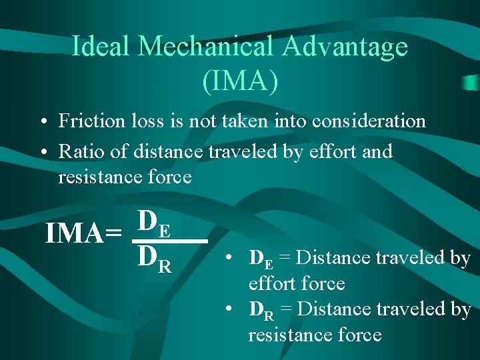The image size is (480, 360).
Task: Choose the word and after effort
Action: point(377,151)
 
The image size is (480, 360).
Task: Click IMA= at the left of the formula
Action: point(83,234)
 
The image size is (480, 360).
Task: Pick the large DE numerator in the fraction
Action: point(155,221)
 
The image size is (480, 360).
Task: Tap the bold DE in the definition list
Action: point(260,259)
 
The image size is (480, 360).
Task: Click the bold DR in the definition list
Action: point(260,310)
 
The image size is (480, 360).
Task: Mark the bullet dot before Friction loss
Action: point(42,122)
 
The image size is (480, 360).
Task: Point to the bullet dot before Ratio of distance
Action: point(42,152)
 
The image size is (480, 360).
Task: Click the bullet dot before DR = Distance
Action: point(229,309)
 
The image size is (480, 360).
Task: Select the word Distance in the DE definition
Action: point(326,257)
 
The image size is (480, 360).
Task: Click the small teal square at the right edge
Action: point(471,83)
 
